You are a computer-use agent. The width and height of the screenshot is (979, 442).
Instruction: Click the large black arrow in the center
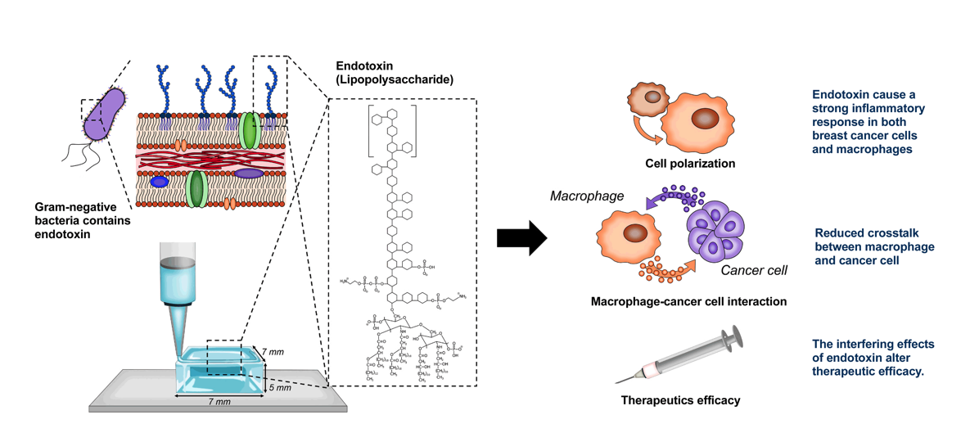(521, 238)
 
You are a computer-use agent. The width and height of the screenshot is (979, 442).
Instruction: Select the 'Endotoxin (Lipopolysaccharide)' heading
(395, 72)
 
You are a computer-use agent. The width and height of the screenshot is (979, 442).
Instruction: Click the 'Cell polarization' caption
(690, 164)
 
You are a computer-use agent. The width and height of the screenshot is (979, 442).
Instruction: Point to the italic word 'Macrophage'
(587, 196)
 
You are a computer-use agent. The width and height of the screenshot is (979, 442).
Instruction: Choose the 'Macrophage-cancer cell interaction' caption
(688, 302)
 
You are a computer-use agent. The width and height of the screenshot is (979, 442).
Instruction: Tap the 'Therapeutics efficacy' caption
(680, 400)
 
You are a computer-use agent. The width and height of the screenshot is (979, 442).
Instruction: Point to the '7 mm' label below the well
(218, 403)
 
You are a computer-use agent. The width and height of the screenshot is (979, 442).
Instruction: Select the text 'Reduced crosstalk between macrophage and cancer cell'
(874, 247)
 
